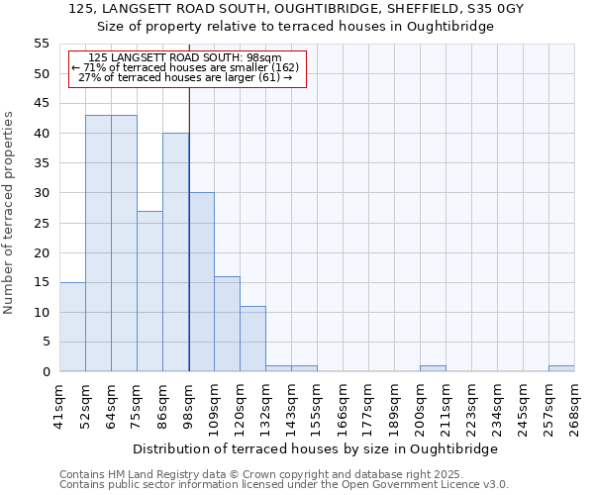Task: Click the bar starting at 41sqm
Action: point(72,327)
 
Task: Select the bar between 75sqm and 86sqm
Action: point(149,291)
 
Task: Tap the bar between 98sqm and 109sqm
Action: point(201,282)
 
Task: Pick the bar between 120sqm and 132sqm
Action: point(252,339)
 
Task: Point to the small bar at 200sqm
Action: point(433,368)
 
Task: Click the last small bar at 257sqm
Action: point(561,368)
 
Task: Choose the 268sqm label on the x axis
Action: point(575,403)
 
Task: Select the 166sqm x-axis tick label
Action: point(344,403)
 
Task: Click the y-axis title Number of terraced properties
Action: point(9,213)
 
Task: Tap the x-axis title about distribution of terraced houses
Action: point(315,448)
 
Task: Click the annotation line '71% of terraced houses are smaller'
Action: point(185,67)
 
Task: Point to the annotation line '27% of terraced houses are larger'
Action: point(185,77)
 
